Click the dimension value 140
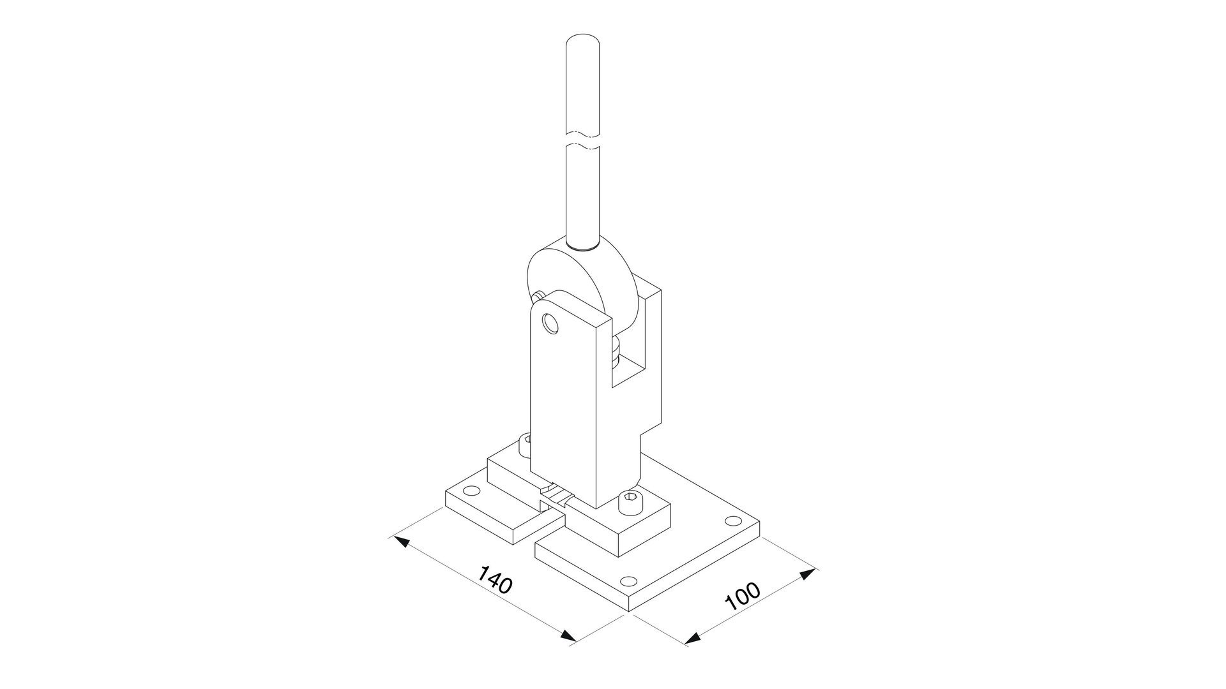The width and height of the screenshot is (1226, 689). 496,579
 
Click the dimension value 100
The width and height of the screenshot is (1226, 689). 743,595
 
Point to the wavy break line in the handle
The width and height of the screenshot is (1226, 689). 582,141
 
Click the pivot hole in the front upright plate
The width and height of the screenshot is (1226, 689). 549,324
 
